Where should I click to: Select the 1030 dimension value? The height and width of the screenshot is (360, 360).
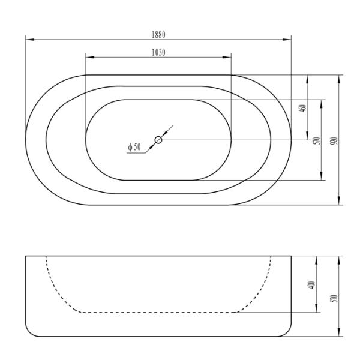[x=158, y=52]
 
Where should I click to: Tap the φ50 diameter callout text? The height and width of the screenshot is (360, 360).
[x=134, y=147]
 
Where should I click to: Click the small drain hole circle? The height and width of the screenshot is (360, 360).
[x=158, y=140]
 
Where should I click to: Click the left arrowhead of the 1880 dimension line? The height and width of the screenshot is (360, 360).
[x=28, y=40]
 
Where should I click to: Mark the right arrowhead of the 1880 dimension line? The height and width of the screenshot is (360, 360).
[x=289, y=40]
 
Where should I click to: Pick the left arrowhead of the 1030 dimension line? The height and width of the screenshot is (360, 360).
[x=88, y=58]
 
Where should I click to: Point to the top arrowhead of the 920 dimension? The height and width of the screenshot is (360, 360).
[x=340, y=77]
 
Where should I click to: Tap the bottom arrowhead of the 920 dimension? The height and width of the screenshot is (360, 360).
[x=340, y=202]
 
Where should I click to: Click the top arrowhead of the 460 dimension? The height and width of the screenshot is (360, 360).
[x=308, y=77]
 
